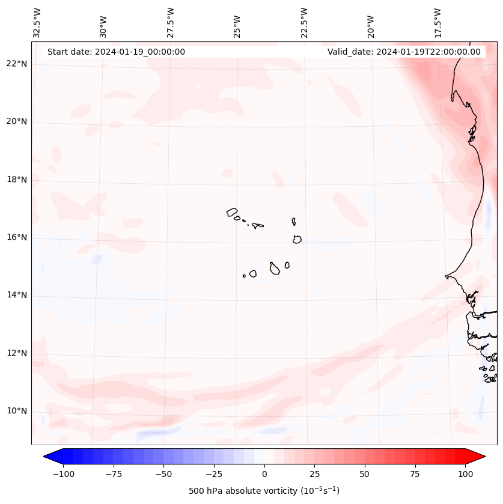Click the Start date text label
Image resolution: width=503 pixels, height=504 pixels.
pyautogui.click(x=116, y=52)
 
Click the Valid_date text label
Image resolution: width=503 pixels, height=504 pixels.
pyautogui.click(x=404, y=52)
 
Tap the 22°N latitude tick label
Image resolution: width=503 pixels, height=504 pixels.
pyautogui.click(x=17, y=64)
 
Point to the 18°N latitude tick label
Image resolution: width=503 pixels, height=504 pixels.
pyautogui.click(x=17, y=180)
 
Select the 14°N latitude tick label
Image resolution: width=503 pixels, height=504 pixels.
pyautogui.click(x=17, y=296)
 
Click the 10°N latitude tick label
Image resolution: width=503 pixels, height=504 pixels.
pyautogui.click(x=17, y=411)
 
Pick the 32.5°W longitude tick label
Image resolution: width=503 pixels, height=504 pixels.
pyautogui.click(x=38, y=23)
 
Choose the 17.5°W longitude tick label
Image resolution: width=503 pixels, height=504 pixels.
pyautogui.click(x=438, y=23)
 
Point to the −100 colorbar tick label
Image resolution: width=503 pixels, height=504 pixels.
pyautogui.click(x=61, y=474)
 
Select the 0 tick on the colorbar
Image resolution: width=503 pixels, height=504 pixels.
pyautogui.click(x=264, y=474)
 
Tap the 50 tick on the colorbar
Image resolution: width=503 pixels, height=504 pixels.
pyautogui.click(x=365, y=474)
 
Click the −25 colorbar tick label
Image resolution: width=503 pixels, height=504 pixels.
pyautogui.click(x=213, y=474)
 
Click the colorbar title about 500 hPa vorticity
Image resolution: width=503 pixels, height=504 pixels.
pyautogui.click(x=264, y=491)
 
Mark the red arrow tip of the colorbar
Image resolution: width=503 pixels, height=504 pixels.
pyautogui.click(x=484, y=457)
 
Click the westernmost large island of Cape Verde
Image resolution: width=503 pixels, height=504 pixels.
pyautogui.click(x=232, y=212)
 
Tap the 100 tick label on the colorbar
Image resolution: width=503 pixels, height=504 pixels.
pyautogui.click(x=465, y=474)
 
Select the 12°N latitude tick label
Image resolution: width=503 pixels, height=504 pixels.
pyautogui.click(x=17, y=353)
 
